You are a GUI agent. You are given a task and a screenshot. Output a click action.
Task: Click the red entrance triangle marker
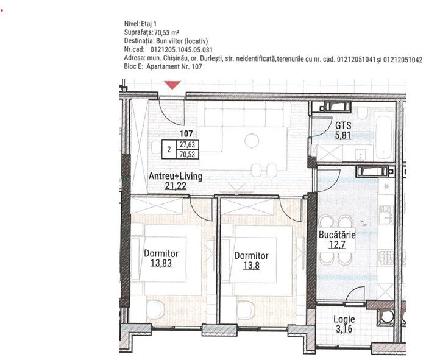point(172,85)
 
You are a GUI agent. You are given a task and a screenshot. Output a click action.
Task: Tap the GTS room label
point(343,125)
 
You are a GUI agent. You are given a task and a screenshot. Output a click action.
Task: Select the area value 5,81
point(343,135)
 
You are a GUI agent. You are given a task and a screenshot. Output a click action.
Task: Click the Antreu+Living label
point(176,176)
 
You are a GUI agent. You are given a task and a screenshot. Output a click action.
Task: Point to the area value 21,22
point(176,186)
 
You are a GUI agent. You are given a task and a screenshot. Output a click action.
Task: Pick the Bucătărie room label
point(337,235)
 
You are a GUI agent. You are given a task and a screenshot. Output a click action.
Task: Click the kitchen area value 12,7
point(337,245)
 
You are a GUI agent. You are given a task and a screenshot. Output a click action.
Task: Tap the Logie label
point(344,319)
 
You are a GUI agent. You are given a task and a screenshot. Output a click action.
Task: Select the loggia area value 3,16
point(344,328)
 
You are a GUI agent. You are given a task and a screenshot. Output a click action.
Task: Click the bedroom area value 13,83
point(161,263)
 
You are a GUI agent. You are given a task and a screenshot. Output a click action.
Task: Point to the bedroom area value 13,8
point(251,265)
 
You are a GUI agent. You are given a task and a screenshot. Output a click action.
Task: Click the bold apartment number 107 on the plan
point(186,133)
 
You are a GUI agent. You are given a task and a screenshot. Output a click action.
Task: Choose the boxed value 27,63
point(187,145)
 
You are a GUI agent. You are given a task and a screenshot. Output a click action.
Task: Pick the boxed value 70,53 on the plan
point(187,154)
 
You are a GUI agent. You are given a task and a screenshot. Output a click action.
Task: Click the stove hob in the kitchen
point(386,258)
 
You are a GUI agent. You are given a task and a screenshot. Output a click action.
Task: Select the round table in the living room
point(252,141)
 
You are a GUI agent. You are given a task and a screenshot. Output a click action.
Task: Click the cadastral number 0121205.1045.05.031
point(182,50)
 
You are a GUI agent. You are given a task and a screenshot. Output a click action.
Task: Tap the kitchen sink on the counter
point(386,214)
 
